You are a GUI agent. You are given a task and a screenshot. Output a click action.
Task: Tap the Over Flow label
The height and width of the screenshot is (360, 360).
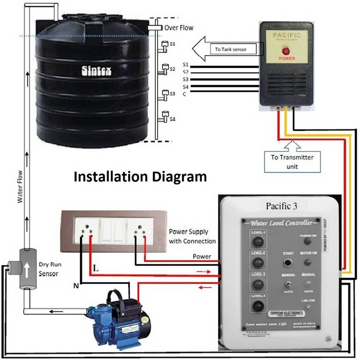click(x=179, y=28)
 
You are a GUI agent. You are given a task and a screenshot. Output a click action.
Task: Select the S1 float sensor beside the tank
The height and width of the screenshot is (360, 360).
click(x=165, y=45)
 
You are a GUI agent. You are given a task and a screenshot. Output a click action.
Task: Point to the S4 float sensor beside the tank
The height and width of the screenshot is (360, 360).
click(x=165, y=116)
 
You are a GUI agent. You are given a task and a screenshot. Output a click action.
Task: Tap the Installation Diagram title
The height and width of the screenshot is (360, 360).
click(x=140, y=177)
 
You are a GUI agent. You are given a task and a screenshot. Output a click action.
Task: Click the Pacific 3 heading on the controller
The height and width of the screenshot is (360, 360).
click(x=281, y=206)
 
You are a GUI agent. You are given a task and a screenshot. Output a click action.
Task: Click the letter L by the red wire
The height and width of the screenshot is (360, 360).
click(x=96, y=269)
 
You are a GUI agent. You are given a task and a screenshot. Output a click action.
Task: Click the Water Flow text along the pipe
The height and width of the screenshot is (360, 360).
click(x=19, y=188)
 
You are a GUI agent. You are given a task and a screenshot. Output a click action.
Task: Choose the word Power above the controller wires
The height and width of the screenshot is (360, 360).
click(x=202, y=256)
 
